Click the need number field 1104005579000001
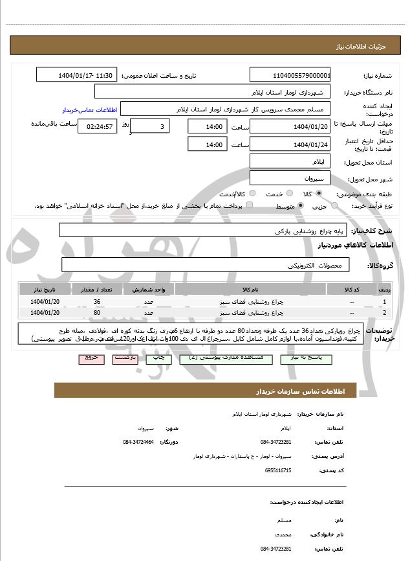(x=290, y=75)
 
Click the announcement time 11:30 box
(x=77, y=75)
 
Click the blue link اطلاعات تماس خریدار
(x=88, y=110)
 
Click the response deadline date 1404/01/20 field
(x=290, y=126)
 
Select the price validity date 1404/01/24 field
(x=290, y=144)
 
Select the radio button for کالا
(x=319, y=193)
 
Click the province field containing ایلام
(x=290, y=161)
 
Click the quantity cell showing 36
(x=97, y=302)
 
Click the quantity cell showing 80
(x=97, y=313)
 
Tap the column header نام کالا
(x=250, y=290)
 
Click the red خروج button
(x=91, y=358)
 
